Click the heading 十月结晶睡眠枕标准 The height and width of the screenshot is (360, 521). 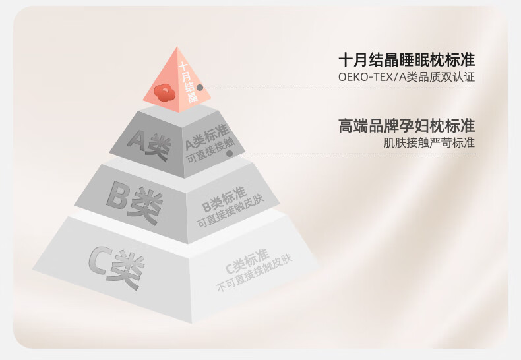(x=406, y=59)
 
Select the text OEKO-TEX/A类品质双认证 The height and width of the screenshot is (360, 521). (x=406, y=78)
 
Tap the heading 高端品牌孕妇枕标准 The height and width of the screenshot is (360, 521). (x=406, y=125)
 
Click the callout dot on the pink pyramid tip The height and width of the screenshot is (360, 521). (x=200, y=87)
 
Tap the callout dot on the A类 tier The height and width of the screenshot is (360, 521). (x=230, y=154)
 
